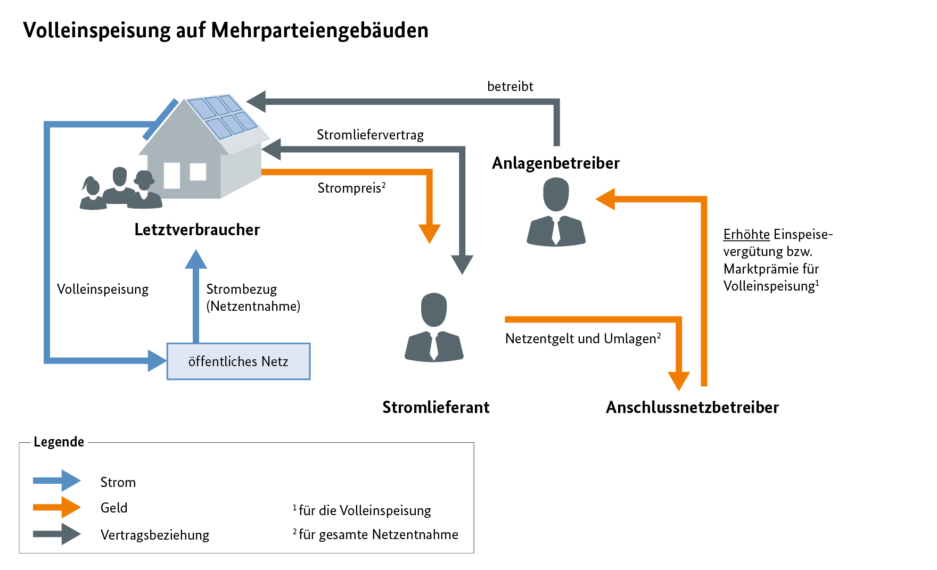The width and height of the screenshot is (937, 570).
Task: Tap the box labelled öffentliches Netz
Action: click(238, 361)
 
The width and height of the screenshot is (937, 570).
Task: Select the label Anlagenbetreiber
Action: click(555, 163)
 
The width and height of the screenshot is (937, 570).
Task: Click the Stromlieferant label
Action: click(435, 407)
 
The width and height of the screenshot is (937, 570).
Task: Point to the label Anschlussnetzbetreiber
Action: click(692, 407)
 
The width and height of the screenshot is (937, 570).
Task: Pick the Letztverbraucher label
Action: click(197, 229)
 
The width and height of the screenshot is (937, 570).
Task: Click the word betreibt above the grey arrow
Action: click(510, 86)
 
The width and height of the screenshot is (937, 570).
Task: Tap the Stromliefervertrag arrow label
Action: click(370, 135)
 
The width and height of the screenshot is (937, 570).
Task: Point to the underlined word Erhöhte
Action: click(746, 234)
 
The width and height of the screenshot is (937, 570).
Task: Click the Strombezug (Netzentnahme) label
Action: click(253, 298)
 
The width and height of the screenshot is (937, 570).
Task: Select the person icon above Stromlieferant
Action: click(434, 327)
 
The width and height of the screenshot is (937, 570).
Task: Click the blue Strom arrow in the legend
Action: click(56, 481)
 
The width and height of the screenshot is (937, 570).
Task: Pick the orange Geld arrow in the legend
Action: click(56, 507)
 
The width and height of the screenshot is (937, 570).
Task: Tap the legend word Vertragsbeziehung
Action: click(154, 535)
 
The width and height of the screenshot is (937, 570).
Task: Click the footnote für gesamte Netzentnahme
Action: click(378, 534)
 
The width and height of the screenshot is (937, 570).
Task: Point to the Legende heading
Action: click(59, 442)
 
